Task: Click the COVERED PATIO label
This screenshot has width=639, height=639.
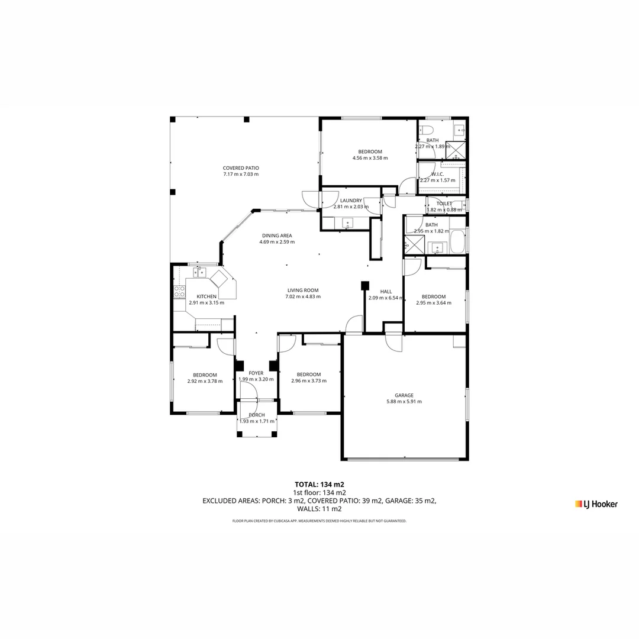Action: pos(241,168)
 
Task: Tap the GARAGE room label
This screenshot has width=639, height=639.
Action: pos(404,395)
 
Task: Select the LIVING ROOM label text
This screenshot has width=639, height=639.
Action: pos(303,291)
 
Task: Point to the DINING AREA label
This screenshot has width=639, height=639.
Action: pos(277,235)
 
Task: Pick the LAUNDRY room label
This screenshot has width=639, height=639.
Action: pos(351,201)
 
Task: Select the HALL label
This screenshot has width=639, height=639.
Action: pos(386,292)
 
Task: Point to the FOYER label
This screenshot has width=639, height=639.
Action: pos(256,373)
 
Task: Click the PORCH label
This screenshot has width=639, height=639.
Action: pos(256,415)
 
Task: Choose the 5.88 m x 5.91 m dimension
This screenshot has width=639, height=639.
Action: pos(404,402)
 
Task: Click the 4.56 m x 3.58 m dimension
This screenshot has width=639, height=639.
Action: pos(370,158)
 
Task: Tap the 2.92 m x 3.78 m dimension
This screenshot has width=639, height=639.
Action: pos(205,381)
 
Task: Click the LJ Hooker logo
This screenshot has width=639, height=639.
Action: pos(596,504)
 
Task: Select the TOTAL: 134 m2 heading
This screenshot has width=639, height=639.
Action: pos(319,484)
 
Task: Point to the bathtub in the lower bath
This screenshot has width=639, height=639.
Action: pos(457,243)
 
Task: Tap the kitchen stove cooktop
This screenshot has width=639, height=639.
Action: pos(179,291)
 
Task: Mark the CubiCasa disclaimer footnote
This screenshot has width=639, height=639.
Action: pos(319,521)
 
